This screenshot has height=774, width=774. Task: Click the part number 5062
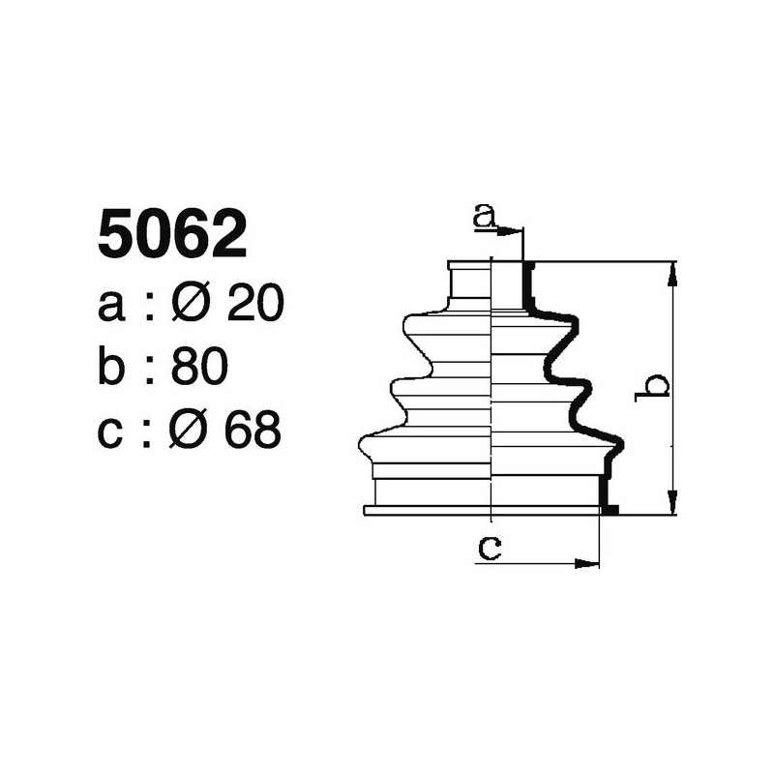pos(172,235)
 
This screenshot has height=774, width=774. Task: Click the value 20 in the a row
pos(253,305)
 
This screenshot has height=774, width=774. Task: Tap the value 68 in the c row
pos(253,430)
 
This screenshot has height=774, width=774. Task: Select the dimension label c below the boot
pos(491,549)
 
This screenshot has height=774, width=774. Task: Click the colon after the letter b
pos(150,370)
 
